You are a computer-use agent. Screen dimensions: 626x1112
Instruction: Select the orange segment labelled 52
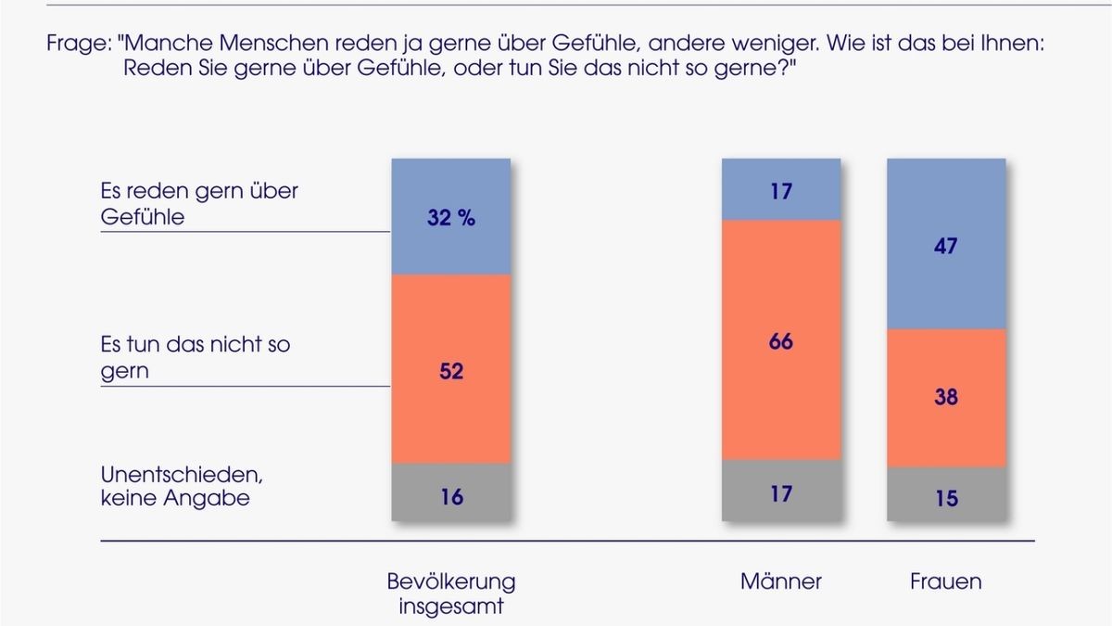click(x=451, y=371)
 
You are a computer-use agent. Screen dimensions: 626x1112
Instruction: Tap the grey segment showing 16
click(x=451, y=497)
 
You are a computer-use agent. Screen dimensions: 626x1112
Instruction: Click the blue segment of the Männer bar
click(x=781, y=191)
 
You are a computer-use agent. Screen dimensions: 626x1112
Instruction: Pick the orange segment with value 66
click(x=781, y=341)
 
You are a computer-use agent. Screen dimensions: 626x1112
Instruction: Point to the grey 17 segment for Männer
click(x=781, y=493)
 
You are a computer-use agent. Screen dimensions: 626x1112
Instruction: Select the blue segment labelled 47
click(x=946, y=246)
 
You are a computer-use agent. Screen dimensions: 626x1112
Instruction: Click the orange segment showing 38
click(x=946, y=398)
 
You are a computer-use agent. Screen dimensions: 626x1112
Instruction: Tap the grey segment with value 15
click(x=946, y=499)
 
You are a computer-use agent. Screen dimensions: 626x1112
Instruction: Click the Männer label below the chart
click(x=780, y=581)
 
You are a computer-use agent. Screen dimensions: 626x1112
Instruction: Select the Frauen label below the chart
click(x=945, y=581)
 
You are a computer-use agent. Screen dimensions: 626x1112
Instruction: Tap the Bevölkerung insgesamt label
click(x=451, y=594)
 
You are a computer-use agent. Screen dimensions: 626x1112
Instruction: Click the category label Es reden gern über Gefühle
click(x=198, y=203)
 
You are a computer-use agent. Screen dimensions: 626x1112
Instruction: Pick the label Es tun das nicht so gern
click(x=195, y=357)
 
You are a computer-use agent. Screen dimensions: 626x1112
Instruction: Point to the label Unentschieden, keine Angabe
click(x=182, y=486)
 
